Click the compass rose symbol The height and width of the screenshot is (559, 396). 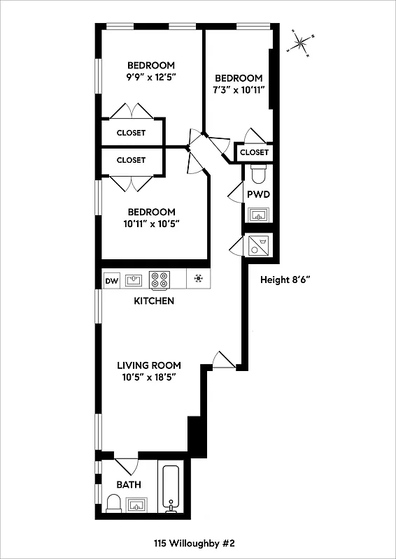302,43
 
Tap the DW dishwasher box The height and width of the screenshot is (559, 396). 111,281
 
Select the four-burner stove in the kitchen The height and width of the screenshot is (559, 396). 159,280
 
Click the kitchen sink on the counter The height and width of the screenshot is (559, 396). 134,280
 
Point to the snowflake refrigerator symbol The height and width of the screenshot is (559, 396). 199,280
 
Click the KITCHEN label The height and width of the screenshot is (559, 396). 154,301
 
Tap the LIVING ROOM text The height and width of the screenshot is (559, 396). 148,365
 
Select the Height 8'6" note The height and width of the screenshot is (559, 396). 285,279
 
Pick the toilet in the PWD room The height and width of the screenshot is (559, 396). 257,172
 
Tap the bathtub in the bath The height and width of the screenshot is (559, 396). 171,488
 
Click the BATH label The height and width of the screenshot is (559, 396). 129,484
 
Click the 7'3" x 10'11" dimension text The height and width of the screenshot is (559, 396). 239,90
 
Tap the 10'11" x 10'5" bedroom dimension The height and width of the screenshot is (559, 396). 150,224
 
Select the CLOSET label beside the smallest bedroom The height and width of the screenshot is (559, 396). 254,152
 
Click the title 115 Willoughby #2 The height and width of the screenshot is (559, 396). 198,542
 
